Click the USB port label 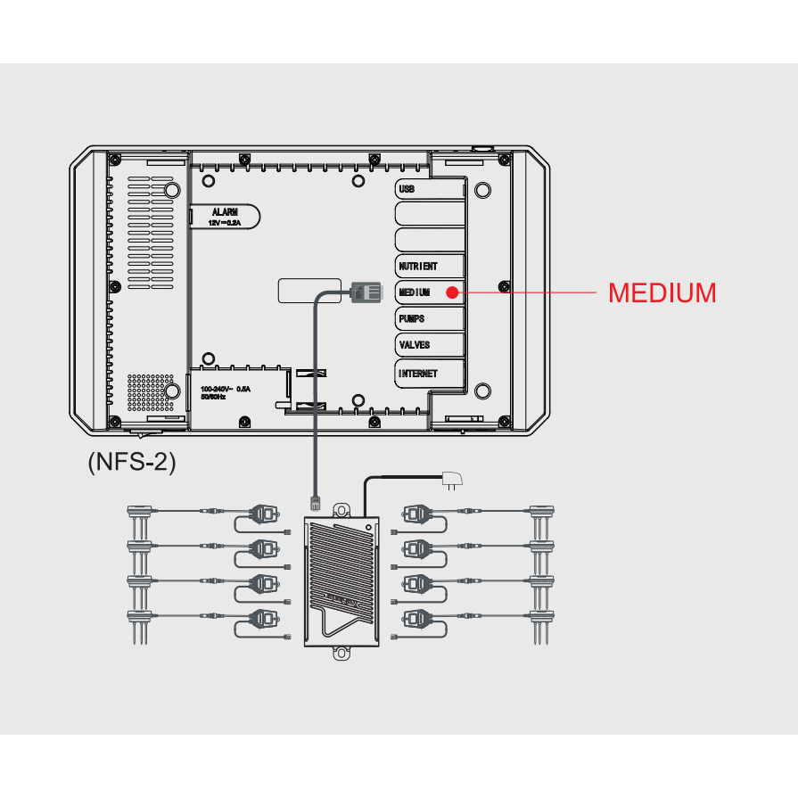pyautogui.click(x=407, y=189)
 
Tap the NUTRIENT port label pyautogui.click(x=418, y=267)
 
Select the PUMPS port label pyautogui.click(x=412, y=318)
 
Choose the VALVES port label pyautogui.click(x=415, y=344)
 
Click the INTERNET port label pyautogui.click(x=418, y=374)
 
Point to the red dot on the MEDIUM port pyautogui.click(x=452, y=292)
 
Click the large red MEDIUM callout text pyautogui.click(x=662, y=292)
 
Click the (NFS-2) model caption pyautogui.click(x=132, y=462)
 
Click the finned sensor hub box pyautogui.click(x=341, y=580)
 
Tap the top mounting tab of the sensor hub pyautogui.click(x=341, y=509)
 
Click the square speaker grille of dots pyautogui.click(x=150, y=391)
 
